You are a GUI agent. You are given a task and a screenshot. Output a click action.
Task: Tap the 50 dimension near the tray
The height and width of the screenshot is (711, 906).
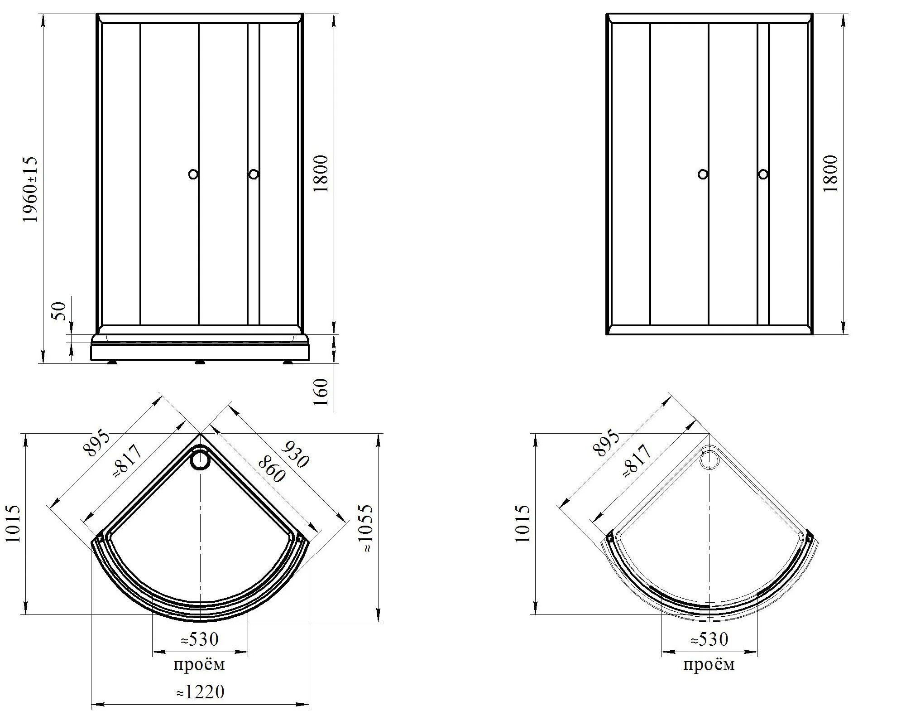(59, 311)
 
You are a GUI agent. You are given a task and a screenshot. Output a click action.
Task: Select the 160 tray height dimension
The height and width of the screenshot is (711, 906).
(320, 392)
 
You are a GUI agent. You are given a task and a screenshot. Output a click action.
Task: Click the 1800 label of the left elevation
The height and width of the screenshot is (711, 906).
(320, 174)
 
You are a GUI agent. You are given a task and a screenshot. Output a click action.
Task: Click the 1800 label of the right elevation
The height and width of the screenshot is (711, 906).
(830, 174)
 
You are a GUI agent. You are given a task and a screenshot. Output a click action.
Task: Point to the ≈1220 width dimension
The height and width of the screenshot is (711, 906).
(200, 692)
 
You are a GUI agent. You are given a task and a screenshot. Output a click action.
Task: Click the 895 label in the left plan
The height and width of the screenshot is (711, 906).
(96, 443)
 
